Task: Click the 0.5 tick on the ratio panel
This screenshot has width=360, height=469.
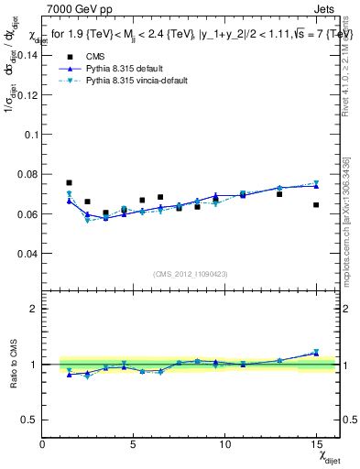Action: point(27,420)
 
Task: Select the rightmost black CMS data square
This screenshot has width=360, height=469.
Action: point(316,205)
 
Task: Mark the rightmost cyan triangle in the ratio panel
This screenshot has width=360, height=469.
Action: point(316,352)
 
